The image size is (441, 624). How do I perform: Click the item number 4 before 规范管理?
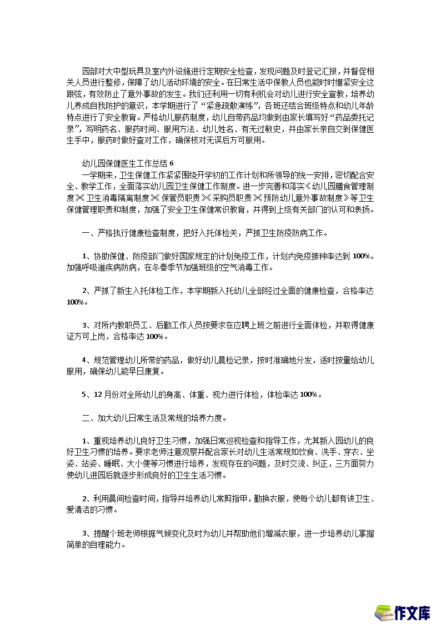pos(85,360)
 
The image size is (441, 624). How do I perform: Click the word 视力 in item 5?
pos(209,395)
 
